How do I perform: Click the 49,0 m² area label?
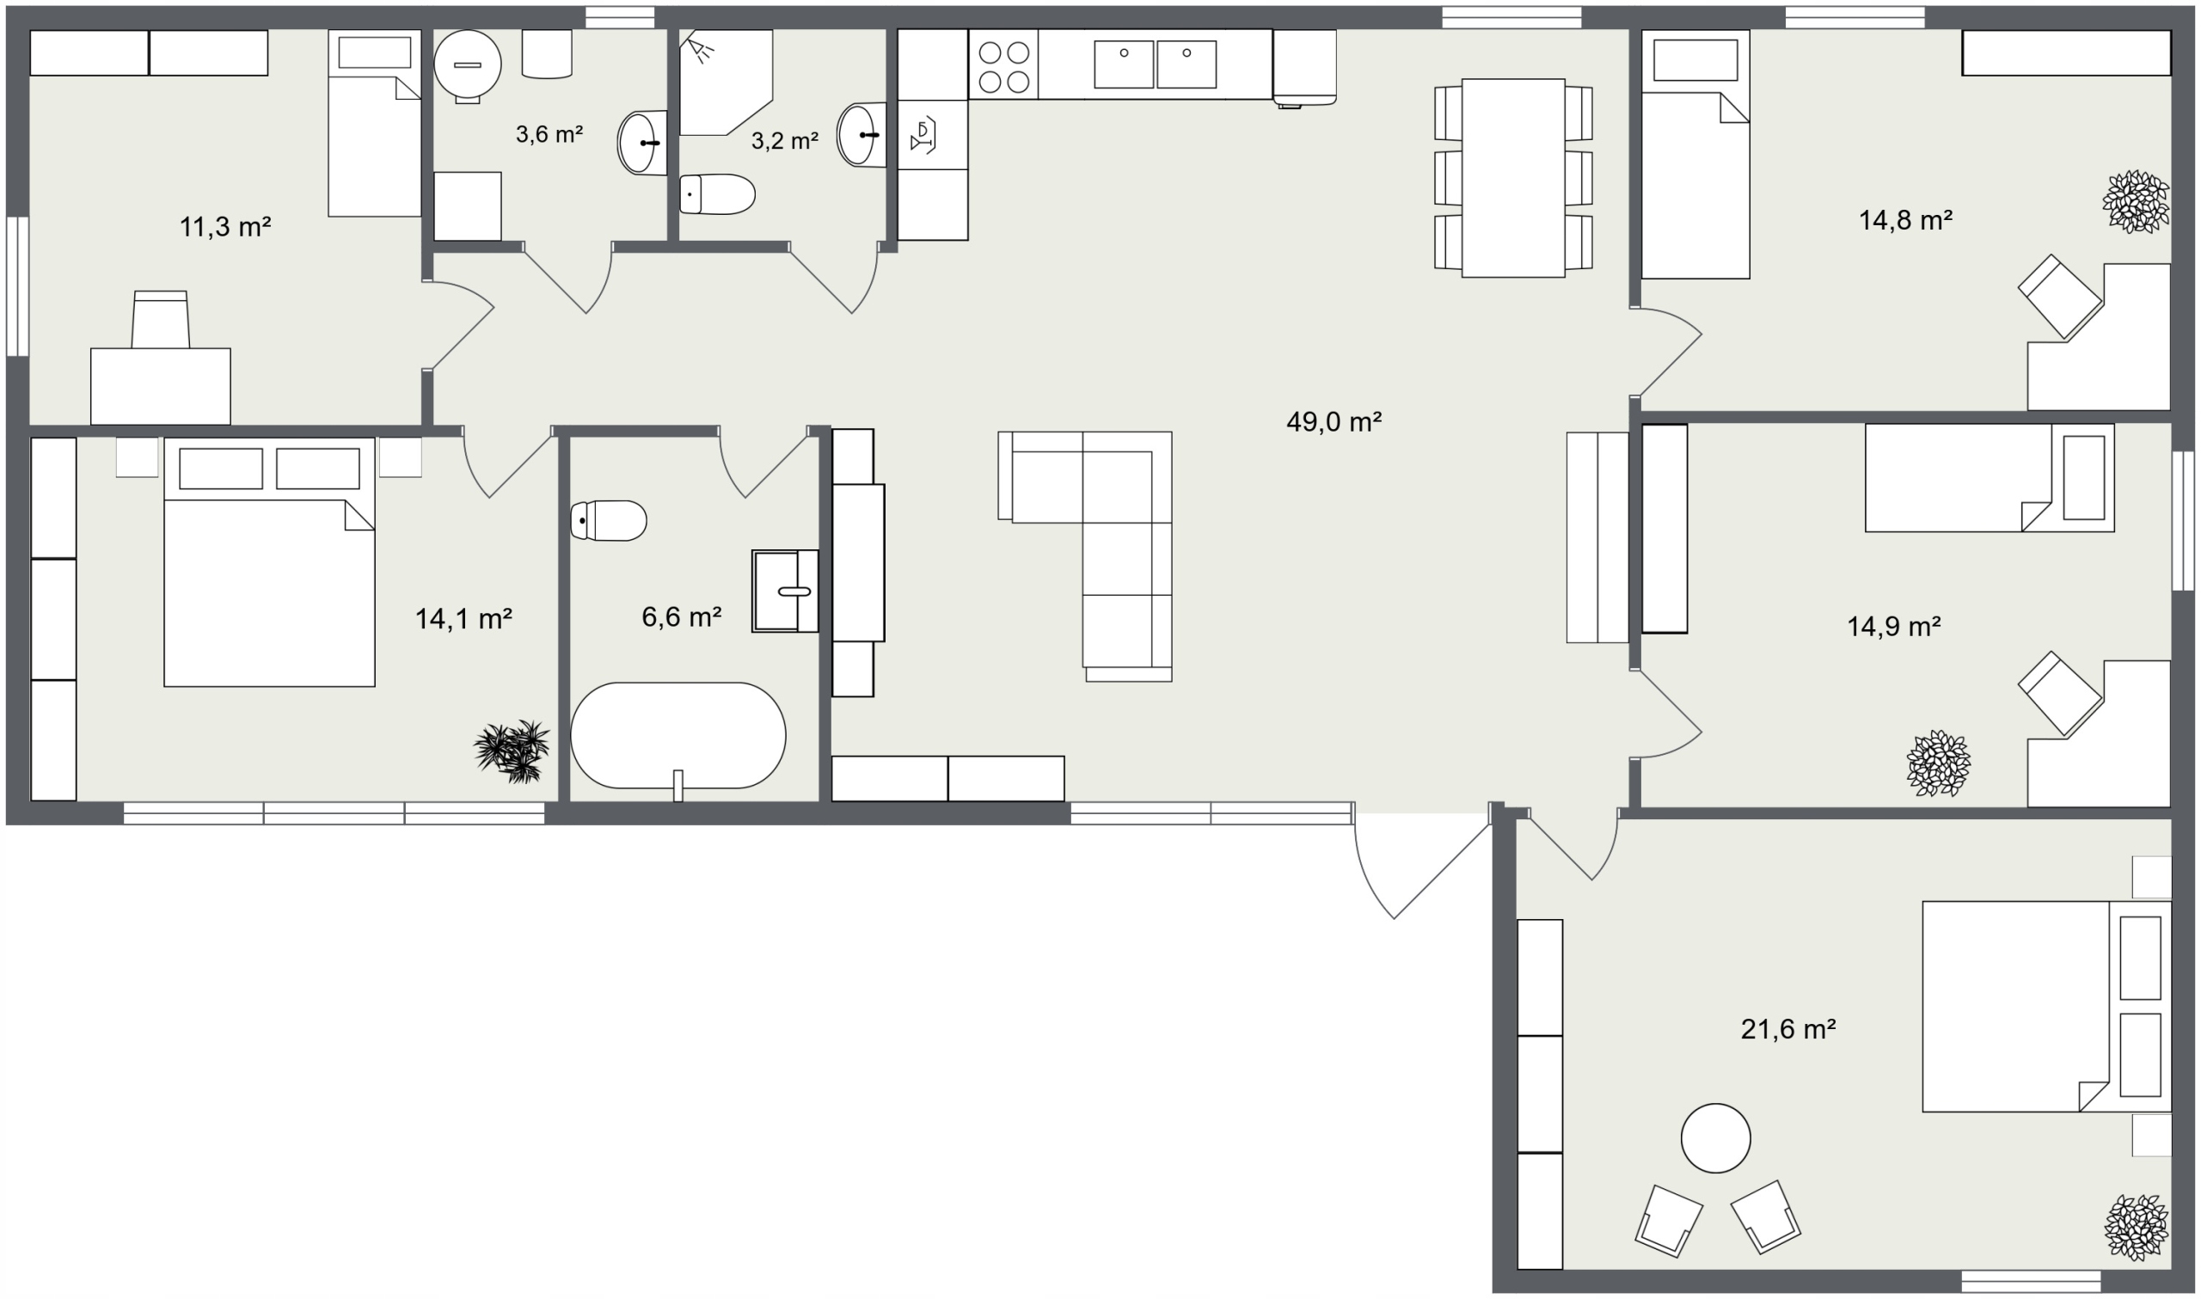tap(1333, 422)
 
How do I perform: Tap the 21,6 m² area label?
tap(1787, 1028)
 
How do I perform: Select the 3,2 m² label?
tap(784, 141)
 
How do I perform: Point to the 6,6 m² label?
tap(681, 617)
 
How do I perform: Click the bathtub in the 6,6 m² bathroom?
tap(677, 735)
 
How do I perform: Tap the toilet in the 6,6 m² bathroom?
tap(608, 521)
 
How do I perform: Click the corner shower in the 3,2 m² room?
tap(726, 83)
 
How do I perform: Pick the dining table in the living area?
tap(1512, 178)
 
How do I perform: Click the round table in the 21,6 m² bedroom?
tap(1715, 1138)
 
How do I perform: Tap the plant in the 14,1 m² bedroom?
tap(512, 751)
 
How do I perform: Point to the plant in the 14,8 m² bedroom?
tap(2136, 201)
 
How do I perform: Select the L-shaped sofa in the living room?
tap(1102, 543)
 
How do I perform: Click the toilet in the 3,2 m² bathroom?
tap(718, 194)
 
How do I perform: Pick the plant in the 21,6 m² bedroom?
tap(2137, 1228)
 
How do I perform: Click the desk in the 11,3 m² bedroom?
tap(160, 386)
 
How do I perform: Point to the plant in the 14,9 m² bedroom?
tap(1939, 763)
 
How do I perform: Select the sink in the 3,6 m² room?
tap(641, 143)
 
